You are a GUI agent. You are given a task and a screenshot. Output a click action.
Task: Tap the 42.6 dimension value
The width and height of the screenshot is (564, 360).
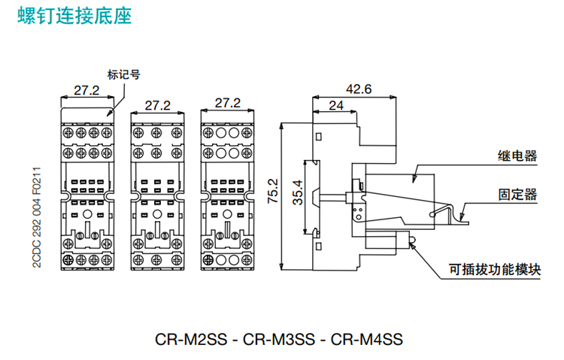coord(359,89)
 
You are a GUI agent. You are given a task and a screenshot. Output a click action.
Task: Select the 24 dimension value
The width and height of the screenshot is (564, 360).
coord(337,106)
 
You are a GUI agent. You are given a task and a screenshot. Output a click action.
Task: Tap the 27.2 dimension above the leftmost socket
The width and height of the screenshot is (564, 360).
coord(86,90)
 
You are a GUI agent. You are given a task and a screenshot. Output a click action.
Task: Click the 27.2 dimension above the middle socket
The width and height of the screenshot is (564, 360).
coord(157,104)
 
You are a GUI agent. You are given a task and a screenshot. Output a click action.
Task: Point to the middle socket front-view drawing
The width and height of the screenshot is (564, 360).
coord(157,192)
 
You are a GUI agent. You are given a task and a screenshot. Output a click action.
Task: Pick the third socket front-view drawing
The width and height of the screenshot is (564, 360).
coord(227,192)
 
